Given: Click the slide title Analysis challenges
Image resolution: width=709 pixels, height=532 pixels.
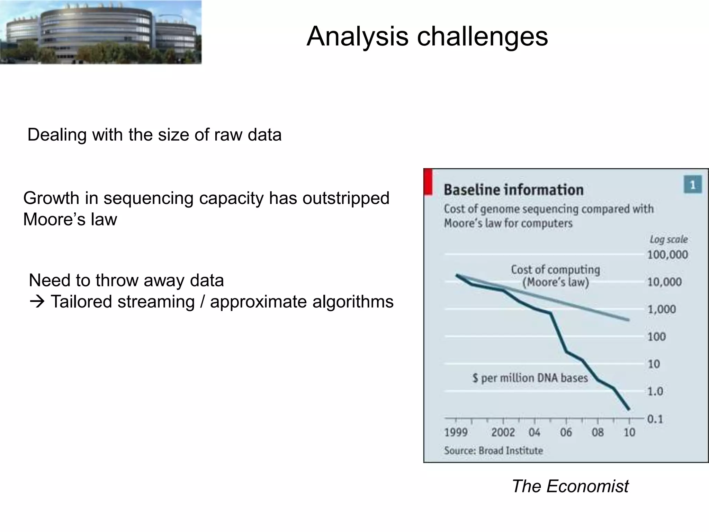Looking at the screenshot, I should click(x=427, y=36).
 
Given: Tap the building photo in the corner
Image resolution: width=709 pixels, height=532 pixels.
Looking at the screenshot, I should click(x=100, y=32).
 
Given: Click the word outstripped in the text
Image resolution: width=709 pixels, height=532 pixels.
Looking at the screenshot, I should click(x=346, y=198).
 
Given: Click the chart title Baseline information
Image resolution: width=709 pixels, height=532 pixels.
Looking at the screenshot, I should click(x=513, y=190).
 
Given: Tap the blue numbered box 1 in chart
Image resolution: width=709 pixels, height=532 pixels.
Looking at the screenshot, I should click(x=693, y=185).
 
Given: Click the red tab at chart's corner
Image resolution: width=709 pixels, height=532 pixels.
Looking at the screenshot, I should click(x=428, y=181).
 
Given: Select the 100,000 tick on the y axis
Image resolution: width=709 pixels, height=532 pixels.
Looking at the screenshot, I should click(x=667, y=255).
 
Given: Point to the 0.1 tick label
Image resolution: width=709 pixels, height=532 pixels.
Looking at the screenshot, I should click(x=655, y=419).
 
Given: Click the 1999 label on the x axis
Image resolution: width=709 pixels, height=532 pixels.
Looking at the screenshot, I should click(x=456, y=432).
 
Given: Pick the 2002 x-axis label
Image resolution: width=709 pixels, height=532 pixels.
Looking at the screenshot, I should click(x=503, y=432).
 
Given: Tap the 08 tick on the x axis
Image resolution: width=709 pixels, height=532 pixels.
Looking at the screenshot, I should click(x=598, y=432).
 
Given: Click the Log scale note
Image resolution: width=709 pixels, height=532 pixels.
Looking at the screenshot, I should click(x=668, y=239).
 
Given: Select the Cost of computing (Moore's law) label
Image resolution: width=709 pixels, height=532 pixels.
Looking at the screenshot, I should click(x=555, y=276).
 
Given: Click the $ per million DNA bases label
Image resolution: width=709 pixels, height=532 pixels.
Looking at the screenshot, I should click(x=530, y=378).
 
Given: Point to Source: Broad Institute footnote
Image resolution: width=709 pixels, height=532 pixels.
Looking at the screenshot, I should click(x=493, y=451).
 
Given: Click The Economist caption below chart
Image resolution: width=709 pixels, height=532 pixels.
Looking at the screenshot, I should click(x=570, y=486).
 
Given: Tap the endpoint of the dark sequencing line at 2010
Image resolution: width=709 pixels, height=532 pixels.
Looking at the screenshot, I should click(x=629, y=410).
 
